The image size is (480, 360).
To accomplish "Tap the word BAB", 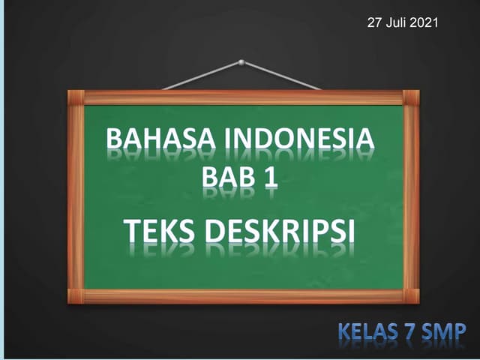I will click(224, 178).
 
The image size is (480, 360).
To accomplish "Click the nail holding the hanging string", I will click(241, 62).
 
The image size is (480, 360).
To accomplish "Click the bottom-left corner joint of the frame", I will click(76, 295).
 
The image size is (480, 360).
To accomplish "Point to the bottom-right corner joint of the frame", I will click(411, 295).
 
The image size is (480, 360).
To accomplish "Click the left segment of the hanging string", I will click(201, 76).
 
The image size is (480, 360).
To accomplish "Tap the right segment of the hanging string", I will click(281, 76).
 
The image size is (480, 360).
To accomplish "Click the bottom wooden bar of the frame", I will click(244, 296).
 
